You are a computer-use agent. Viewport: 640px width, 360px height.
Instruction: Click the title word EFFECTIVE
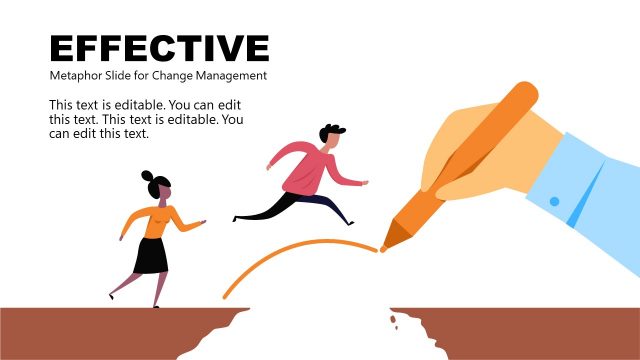[x=159, y=48]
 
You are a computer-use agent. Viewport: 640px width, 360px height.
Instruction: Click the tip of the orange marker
[x=384, y=246]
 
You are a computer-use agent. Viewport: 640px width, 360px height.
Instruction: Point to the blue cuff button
[x=554, y=201]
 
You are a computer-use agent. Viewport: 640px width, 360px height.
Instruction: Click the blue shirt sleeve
[x=590, y=190]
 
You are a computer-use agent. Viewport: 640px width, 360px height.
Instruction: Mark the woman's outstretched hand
[x=203, y=224]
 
